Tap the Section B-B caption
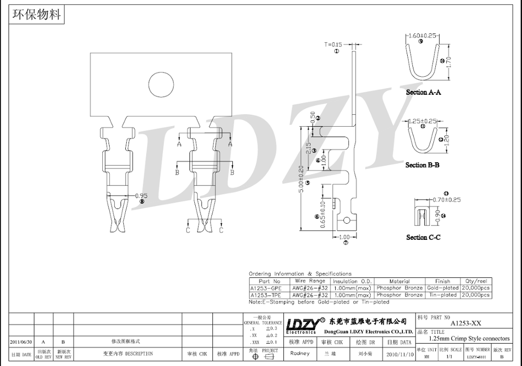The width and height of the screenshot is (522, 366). pyautogui.click(x=422, y=165)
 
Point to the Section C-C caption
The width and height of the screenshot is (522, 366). pyautogui.click(x=423, y=237)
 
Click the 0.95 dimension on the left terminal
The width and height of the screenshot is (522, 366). pyautogui.click(x=141, y=196)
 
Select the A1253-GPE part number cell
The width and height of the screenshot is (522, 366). pyautogui.click(x=266, y=288)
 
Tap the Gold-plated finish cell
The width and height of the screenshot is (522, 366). pyautogui.click(x=443, y=288)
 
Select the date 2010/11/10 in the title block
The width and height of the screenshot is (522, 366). pyautogui.click(x=399, y=353)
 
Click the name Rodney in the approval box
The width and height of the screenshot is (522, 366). pyautogui.click(x=300, y=353)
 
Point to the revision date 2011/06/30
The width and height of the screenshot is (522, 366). pyautogui.click(x=21, y=341)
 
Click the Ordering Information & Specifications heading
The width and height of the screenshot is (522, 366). pyautogui.click(x=300, y=274)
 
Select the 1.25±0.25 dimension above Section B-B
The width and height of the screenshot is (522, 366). pyautogui.click(x=423, y=120)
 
